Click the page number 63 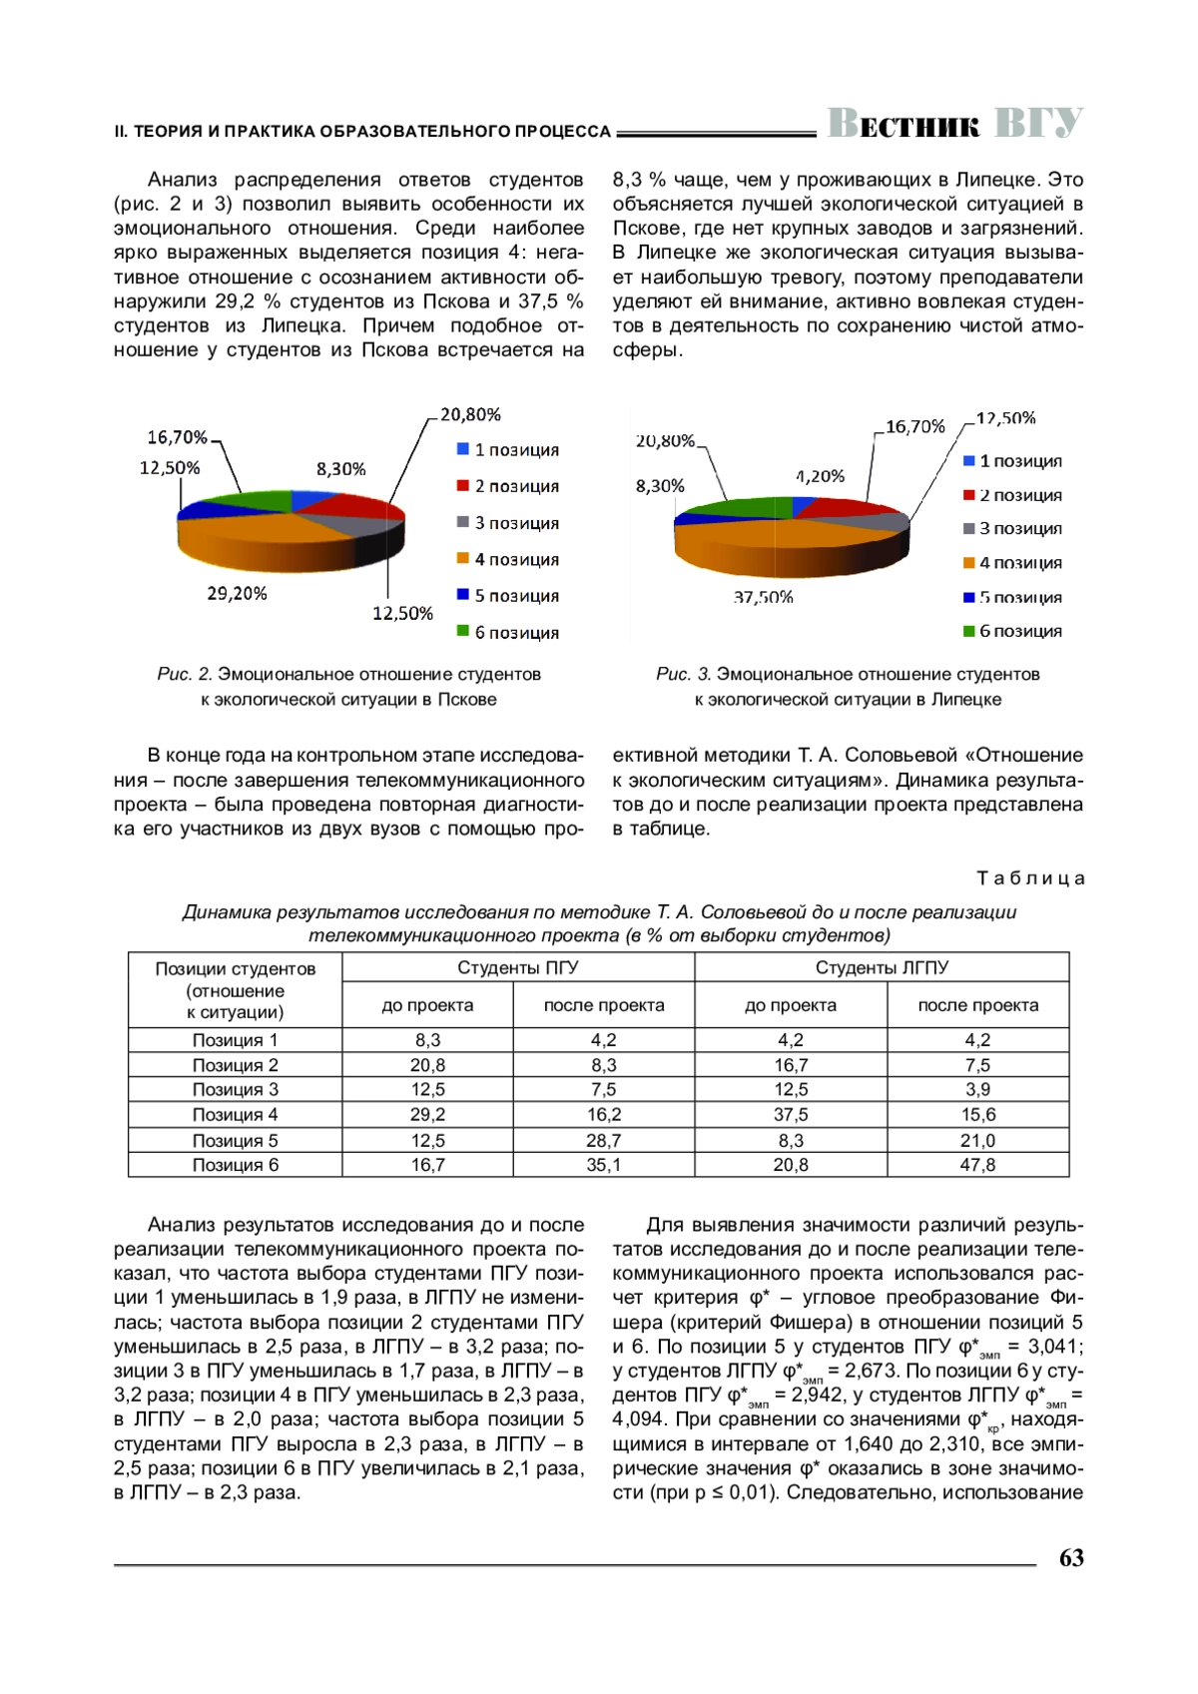pos(1070,1558)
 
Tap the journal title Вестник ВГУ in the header pos(954,124)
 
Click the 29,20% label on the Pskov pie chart pos(237,594)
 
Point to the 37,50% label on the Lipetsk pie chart pos(763,598)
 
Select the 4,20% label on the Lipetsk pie pos(821,477)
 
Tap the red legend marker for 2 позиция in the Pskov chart pos(463,486)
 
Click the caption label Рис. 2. pos(185,675)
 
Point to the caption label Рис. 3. pos(684,675)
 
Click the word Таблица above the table pos(1030,878)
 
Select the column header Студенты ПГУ pos(517,968)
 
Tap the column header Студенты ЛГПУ pos(882,968)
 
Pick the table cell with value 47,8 pos(977,1165)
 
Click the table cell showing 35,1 pos(603,1165)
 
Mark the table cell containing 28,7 pos(603,1140)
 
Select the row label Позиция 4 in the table pos(235,1115)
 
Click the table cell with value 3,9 pos(977,1090)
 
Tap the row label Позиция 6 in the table pos(235,1165)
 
